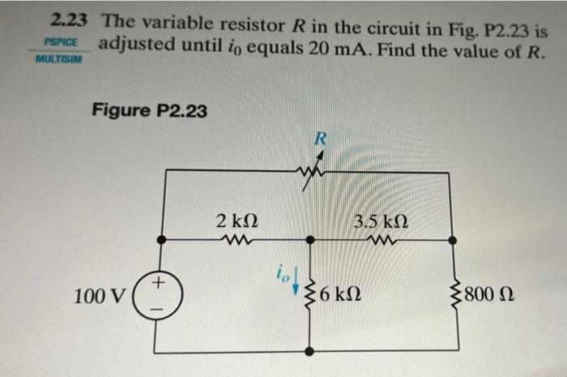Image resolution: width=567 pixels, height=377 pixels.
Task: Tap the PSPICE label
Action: (59, 42)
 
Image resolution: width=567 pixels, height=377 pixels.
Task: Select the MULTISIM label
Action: (59, 59)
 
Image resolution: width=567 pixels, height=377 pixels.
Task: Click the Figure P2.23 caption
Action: (150, 110)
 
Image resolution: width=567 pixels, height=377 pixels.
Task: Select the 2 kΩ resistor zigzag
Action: (238, 240)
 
